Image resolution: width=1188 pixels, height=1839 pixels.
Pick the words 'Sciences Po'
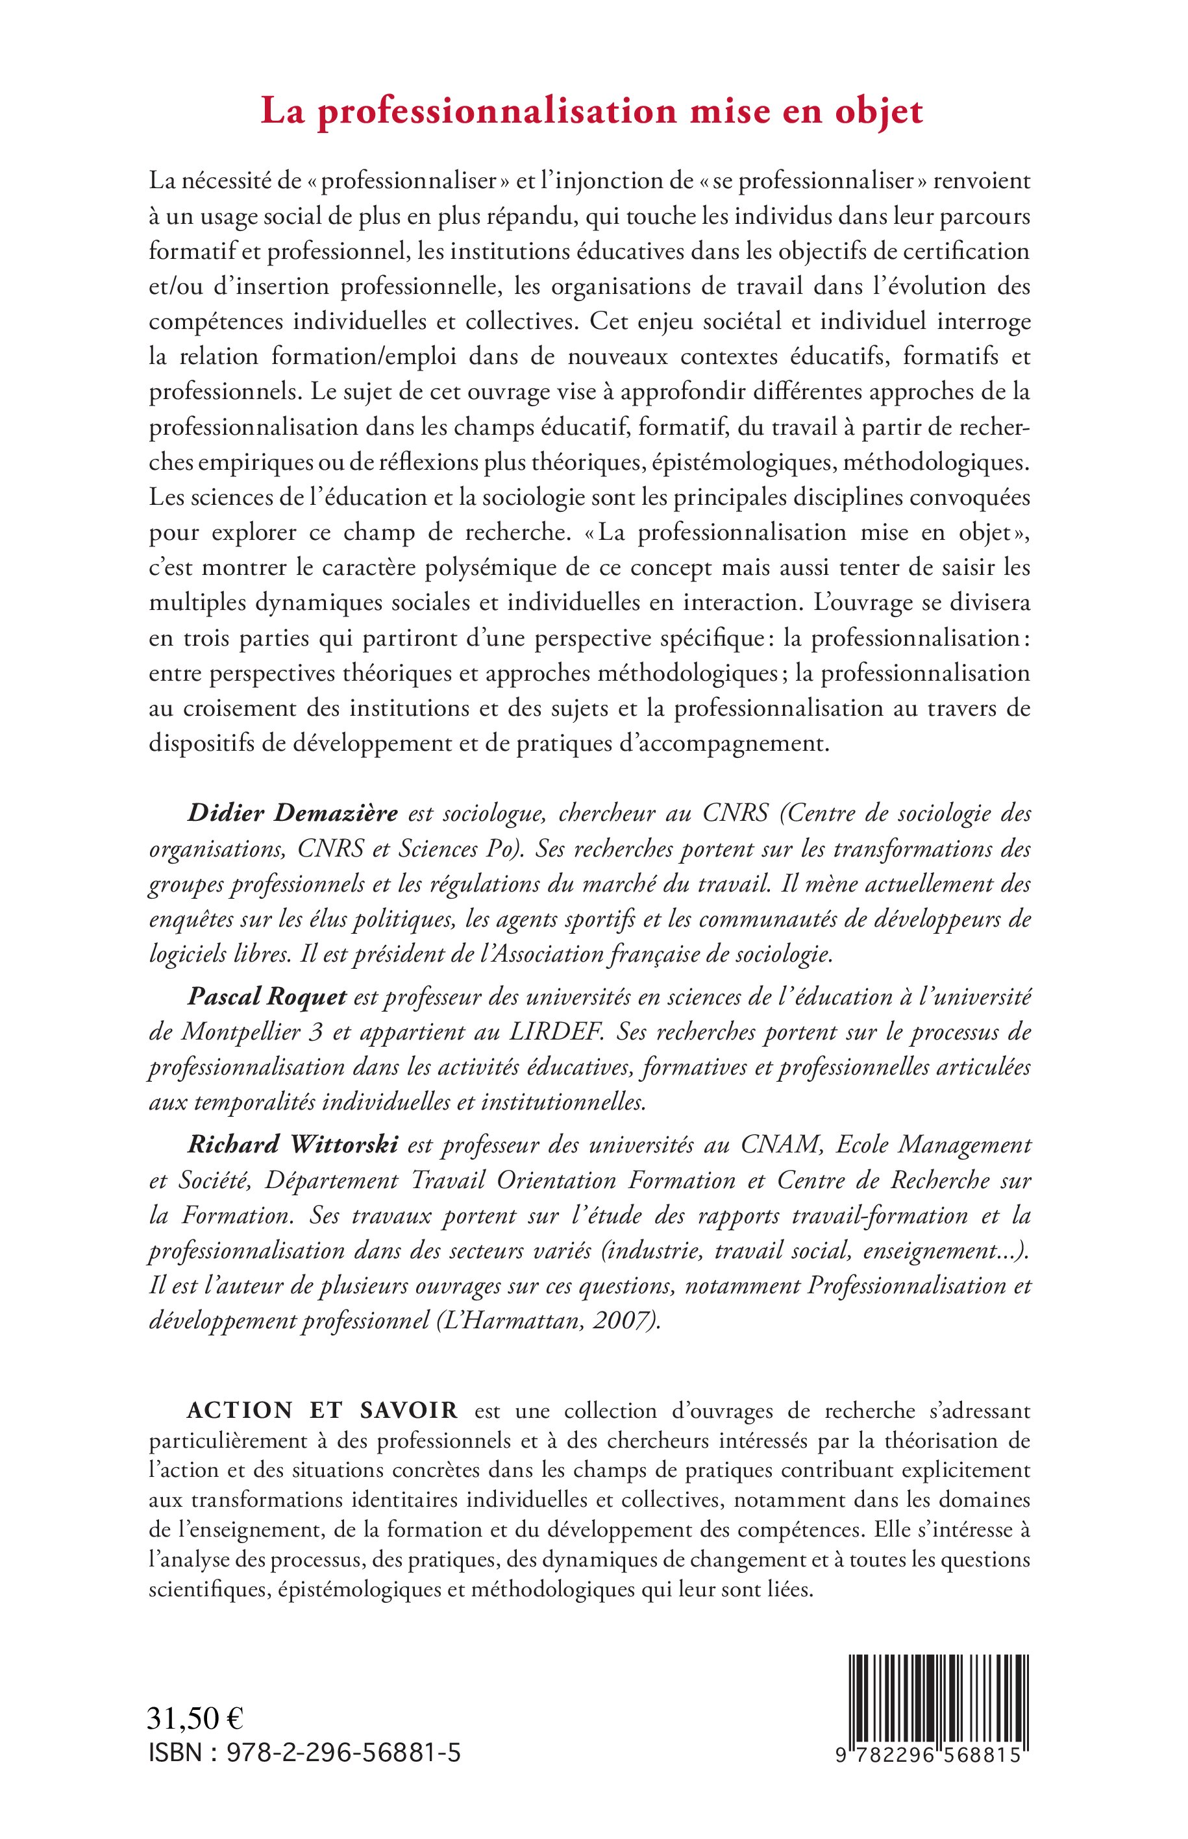point(459,849)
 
